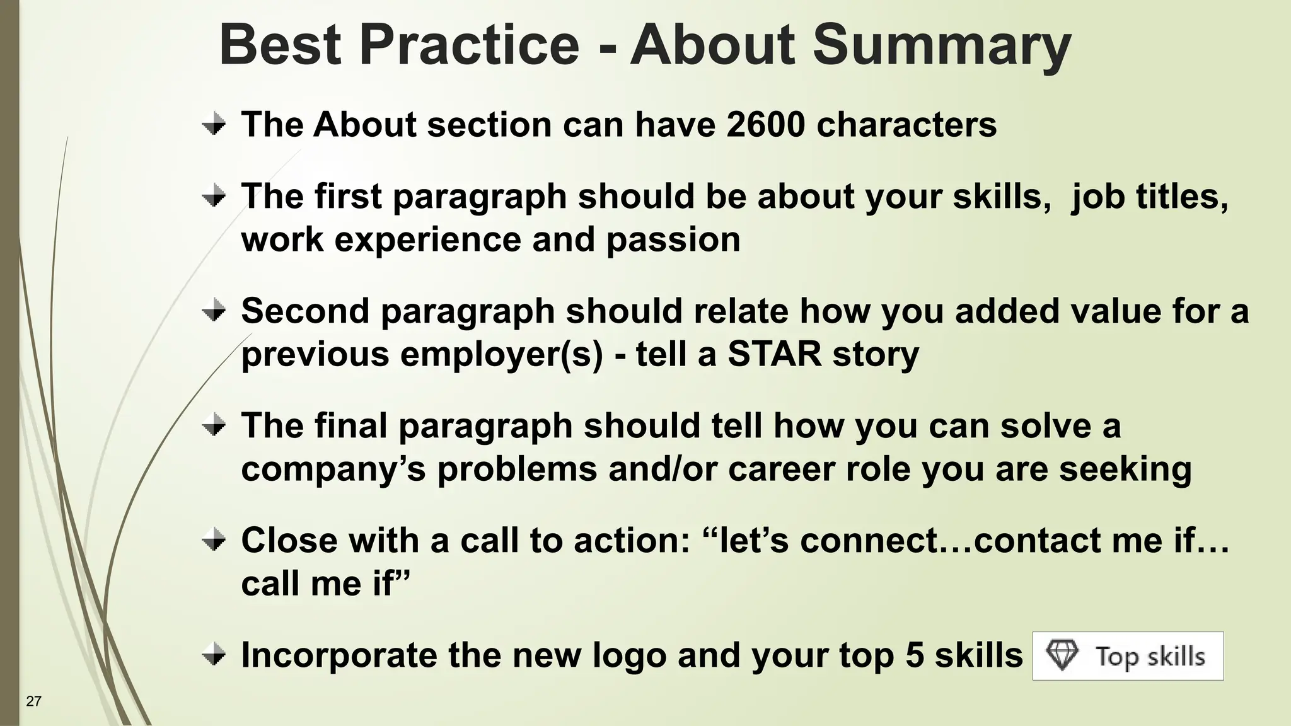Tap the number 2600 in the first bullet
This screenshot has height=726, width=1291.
click(x=765, y=124)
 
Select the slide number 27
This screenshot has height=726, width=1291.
click(x=33, y=701)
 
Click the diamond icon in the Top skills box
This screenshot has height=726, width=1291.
click(x=1062, y=655)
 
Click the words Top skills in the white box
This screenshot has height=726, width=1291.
click(x=1150, y=656)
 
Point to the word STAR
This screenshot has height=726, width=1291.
click(x=774, y=354)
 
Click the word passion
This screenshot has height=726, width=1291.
click(x=673, y=240)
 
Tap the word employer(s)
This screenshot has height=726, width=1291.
click(x=501, y=354)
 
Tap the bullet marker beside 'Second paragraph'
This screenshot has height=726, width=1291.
click(x=214, y=311)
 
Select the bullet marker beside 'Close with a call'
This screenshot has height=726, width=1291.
click(x=214, y=540)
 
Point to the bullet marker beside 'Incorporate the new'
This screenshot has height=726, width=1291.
click(x=214, y=655)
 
